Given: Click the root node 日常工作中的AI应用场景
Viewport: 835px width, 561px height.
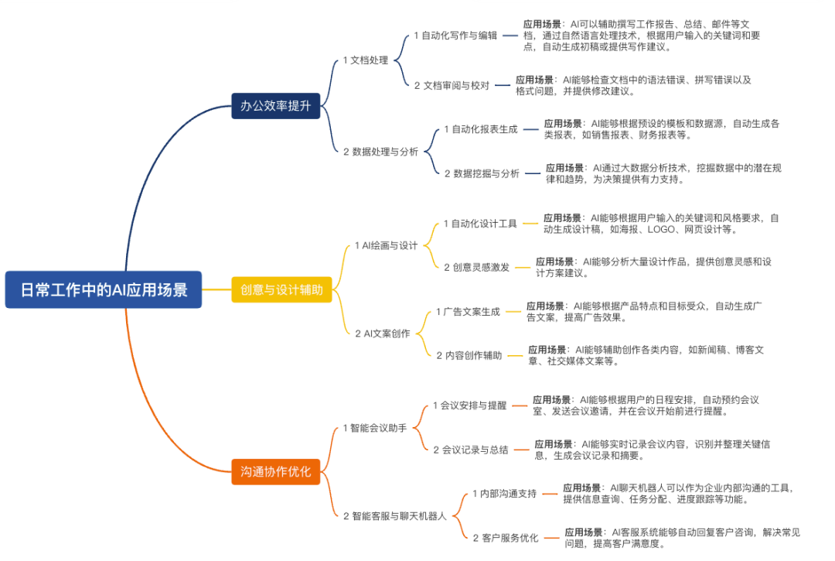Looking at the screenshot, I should click(104, 289).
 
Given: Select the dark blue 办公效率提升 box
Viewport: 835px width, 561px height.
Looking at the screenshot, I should click(275, 106).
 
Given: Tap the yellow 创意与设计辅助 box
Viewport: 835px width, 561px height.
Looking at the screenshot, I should click(281, 289).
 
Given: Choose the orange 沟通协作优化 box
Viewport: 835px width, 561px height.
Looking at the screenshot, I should click(275, 471).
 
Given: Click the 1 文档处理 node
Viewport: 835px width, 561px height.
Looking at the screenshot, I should click(366, 60).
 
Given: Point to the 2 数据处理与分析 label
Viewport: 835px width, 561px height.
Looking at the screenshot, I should click(380, 152).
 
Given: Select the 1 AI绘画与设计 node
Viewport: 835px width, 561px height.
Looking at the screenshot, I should click(386, 245).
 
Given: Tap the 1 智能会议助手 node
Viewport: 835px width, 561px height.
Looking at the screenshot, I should click(374, 427).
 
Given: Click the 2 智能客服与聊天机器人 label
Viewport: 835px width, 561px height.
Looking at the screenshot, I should click(394, 515).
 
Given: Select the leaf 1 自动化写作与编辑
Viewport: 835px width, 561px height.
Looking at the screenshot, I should click(455, 36).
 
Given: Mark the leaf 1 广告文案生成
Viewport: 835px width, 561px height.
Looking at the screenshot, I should click(468, 311).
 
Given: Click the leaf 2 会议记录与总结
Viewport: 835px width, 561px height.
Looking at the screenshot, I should click(471, 450).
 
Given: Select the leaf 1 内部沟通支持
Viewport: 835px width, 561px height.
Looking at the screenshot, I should click(504, 493).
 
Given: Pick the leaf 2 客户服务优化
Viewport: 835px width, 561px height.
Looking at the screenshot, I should click(506, 537).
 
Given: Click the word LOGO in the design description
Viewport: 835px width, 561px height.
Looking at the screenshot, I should click(662, 229).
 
